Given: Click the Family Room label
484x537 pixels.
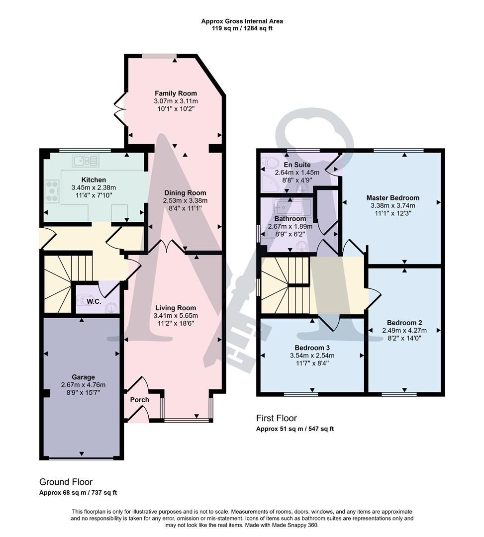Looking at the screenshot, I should pyautogui.click(x=176, y=93).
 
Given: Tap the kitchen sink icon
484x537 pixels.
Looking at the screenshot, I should pyautogui.click(x=86, y=161).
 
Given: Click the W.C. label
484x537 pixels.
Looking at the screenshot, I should pyautogui.click(x=94, y=302).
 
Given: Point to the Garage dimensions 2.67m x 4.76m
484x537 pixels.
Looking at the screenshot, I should pyautogui.click(x=83, y=385).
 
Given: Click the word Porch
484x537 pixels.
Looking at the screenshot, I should pyautogui.click(x=140, y=400).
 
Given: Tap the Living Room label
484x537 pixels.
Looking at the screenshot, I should pyautogui.click(x=175, y=308).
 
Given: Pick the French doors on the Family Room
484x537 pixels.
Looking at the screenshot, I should pyautogui.click(x=119, y=109).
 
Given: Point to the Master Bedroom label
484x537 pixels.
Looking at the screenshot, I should pyautogui.click(x=392, y=197).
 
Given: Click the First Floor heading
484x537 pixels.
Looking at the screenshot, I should pyautogui.click(x=276, y=418).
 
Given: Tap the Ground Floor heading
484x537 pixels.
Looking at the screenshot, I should pyautogui.click(x=66, y=482).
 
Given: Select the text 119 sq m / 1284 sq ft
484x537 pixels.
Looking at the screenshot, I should pyautogui.click(x=242, y=28).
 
